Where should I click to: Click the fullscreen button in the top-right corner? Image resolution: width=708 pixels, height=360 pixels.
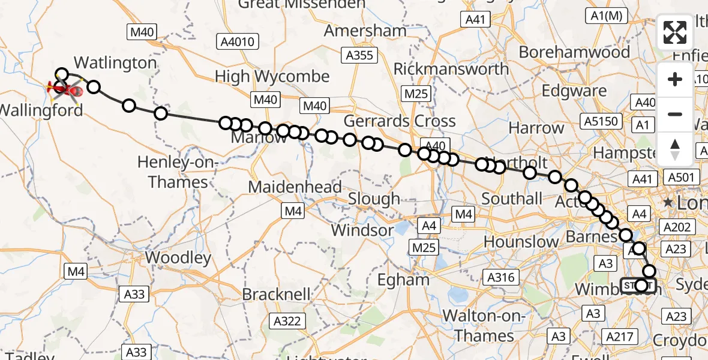675,32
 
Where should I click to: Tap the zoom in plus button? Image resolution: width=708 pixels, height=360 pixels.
675,79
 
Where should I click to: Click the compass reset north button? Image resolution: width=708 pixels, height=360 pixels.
675,148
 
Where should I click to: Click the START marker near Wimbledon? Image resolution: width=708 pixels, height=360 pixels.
639,285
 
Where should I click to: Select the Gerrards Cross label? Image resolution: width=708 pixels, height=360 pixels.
401,121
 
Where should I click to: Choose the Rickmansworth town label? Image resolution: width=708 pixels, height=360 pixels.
451,69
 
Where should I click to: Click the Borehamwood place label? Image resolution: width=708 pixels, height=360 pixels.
574,52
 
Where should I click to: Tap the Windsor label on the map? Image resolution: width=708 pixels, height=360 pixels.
362,230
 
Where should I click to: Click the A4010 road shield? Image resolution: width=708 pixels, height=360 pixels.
238,42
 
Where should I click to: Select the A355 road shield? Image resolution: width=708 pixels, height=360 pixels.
359,56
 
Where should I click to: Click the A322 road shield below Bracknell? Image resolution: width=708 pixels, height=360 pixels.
287,321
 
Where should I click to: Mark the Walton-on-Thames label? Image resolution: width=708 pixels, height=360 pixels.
484,326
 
